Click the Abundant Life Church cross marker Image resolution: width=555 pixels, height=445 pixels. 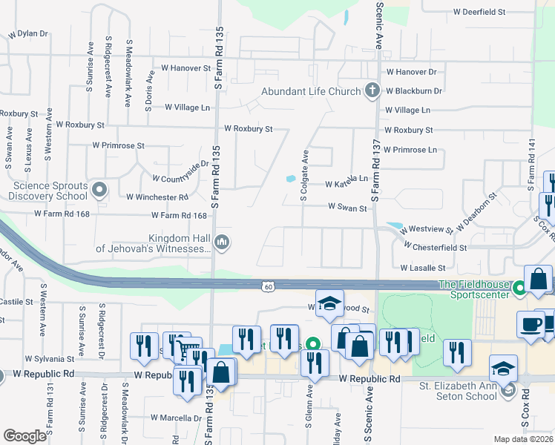click(x=372, y=91)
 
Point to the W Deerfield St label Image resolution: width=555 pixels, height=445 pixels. click(x=479, y=13)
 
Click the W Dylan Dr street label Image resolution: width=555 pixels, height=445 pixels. click(x=27, y=34)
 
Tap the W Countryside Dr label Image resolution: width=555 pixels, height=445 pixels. click(x=181, y=174)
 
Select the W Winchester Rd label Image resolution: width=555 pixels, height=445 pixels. click(x=157, y=198)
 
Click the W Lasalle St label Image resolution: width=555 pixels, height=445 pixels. click(x=422, y=267)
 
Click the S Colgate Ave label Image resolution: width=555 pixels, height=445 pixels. click(x=304, y=176)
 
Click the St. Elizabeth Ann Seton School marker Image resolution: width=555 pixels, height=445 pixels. click(x=508, y=391)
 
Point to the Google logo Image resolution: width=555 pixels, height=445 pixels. click(x=24, y=436)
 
